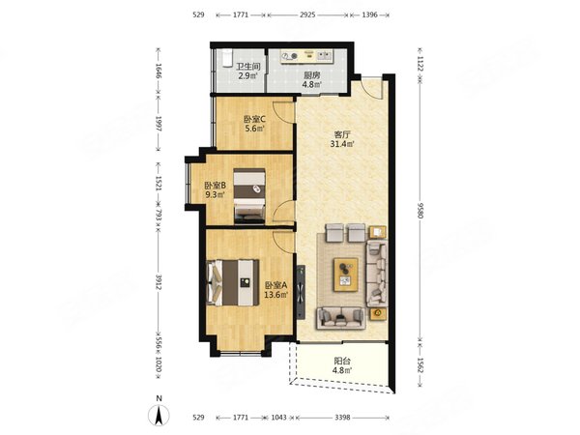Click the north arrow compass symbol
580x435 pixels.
[159, 415]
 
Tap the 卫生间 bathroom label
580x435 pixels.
[248, 67]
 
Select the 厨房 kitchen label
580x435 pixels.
[312, 75]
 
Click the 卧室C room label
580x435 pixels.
[254, 120]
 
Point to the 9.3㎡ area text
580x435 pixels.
[215, 194]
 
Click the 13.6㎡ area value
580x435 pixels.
[275, 295]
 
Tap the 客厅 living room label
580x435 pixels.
[342, 134]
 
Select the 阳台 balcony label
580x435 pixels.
[342, 361]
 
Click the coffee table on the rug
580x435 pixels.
[346, 275]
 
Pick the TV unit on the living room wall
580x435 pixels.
[301, 292]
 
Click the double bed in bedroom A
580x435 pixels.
[233, 282]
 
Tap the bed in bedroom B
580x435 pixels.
[249, 196]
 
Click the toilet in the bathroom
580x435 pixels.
[226, 58]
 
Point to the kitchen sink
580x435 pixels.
[325, 55]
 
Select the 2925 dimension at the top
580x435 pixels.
[307, 14]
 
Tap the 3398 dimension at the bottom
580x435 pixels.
[342, 418]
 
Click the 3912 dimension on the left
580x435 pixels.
[159, 282]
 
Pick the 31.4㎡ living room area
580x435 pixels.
[342, 144]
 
